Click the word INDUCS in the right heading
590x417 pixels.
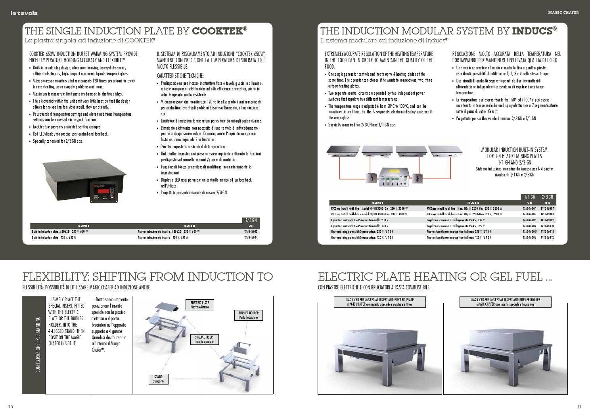pos(534,31)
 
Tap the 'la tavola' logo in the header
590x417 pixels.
pos(24,13)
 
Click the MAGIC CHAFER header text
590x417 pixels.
pos(563,13)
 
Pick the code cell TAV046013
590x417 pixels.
pos(251,231)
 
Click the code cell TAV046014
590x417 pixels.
pos(251,237)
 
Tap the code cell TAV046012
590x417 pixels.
pos(548,237)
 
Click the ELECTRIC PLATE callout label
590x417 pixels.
pos(200,305)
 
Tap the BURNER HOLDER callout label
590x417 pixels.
pos(248,315)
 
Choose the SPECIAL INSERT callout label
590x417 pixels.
pos(204,339)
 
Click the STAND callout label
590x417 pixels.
pos(158,379)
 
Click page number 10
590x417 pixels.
pos(11,407)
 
